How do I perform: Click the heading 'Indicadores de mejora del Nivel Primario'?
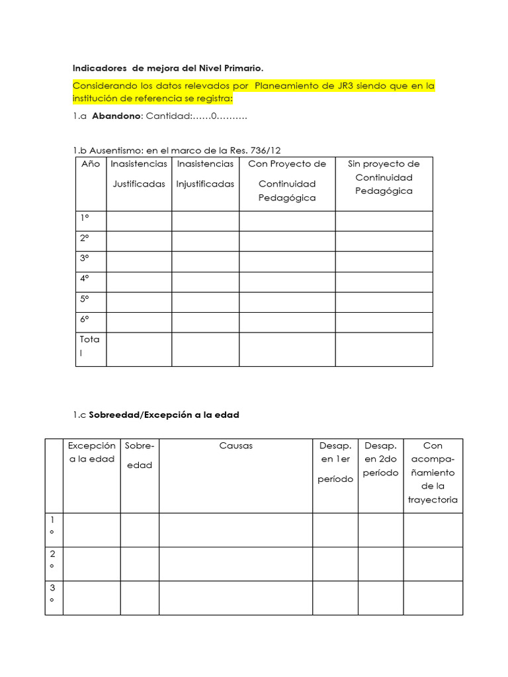[167, 67]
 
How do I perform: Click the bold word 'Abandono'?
[116, 116]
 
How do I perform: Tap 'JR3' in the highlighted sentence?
[353, 86]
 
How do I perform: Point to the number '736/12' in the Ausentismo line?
[273, 150]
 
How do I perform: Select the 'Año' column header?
[91, 164]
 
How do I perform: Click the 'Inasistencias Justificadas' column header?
[139, 174]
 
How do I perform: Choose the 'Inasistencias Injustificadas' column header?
[205, 174]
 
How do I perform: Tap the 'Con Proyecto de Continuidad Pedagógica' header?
[287, 180]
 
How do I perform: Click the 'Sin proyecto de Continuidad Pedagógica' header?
[384, 177]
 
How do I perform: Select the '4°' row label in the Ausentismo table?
[85, 278]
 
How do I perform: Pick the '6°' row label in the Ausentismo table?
[85, 319]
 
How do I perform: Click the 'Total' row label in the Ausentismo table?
[89, 346]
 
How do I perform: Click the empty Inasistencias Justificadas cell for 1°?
[139, 221]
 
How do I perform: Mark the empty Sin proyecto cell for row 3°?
[384, 262]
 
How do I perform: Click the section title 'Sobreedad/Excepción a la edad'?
[165, 415]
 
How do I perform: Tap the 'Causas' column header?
[235, 446]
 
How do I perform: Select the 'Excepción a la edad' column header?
[92, 452]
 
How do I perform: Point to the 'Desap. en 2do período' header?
[380, 459]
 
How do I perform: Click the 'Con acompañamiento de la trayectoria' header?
[433, 473]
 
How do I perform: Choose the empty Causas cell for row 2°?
[235, 564]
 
